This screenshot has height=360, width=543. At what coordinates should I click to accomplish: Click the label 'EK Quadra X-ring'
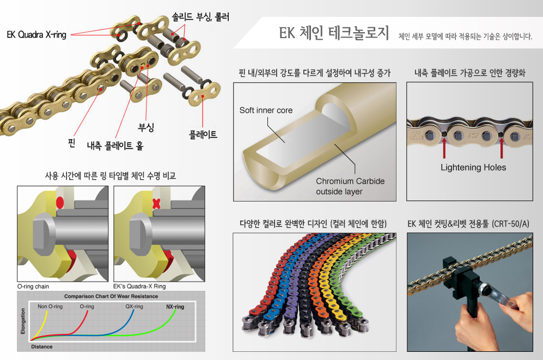point(36,35)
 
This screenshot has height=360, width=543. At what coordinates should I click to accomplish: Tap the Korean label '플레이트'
point(203,133)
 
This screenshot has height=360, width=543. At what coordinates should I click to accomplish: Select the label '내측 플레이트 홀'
point(115,146)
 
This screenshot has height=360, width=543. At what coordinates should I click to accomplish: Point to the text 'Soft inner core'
point(266,111)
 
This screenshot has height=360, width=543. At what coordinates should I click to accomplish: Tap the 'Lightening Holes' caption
point(473,167)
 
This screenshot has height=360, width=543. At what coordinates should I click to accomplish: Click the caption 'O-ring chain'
point(34,286)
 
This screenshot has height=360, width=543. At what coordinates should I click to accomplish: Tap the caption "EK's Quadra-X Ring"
point(139,286)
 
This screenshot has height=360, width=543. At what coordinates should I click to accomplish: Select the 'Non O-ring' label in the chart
point(50,307)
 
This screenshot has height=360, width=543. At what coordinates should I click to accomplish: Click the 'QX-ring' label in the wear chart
point(134,307)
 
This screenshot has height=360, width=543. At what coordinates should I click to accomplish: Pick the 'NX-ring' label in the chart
point(175,307)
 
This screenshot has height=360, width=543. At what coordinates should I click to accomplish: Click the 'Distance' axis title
point(42,346)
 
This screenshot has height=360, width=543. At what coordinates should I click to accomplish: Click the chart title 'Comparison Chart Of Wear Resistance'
point(111,296)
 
